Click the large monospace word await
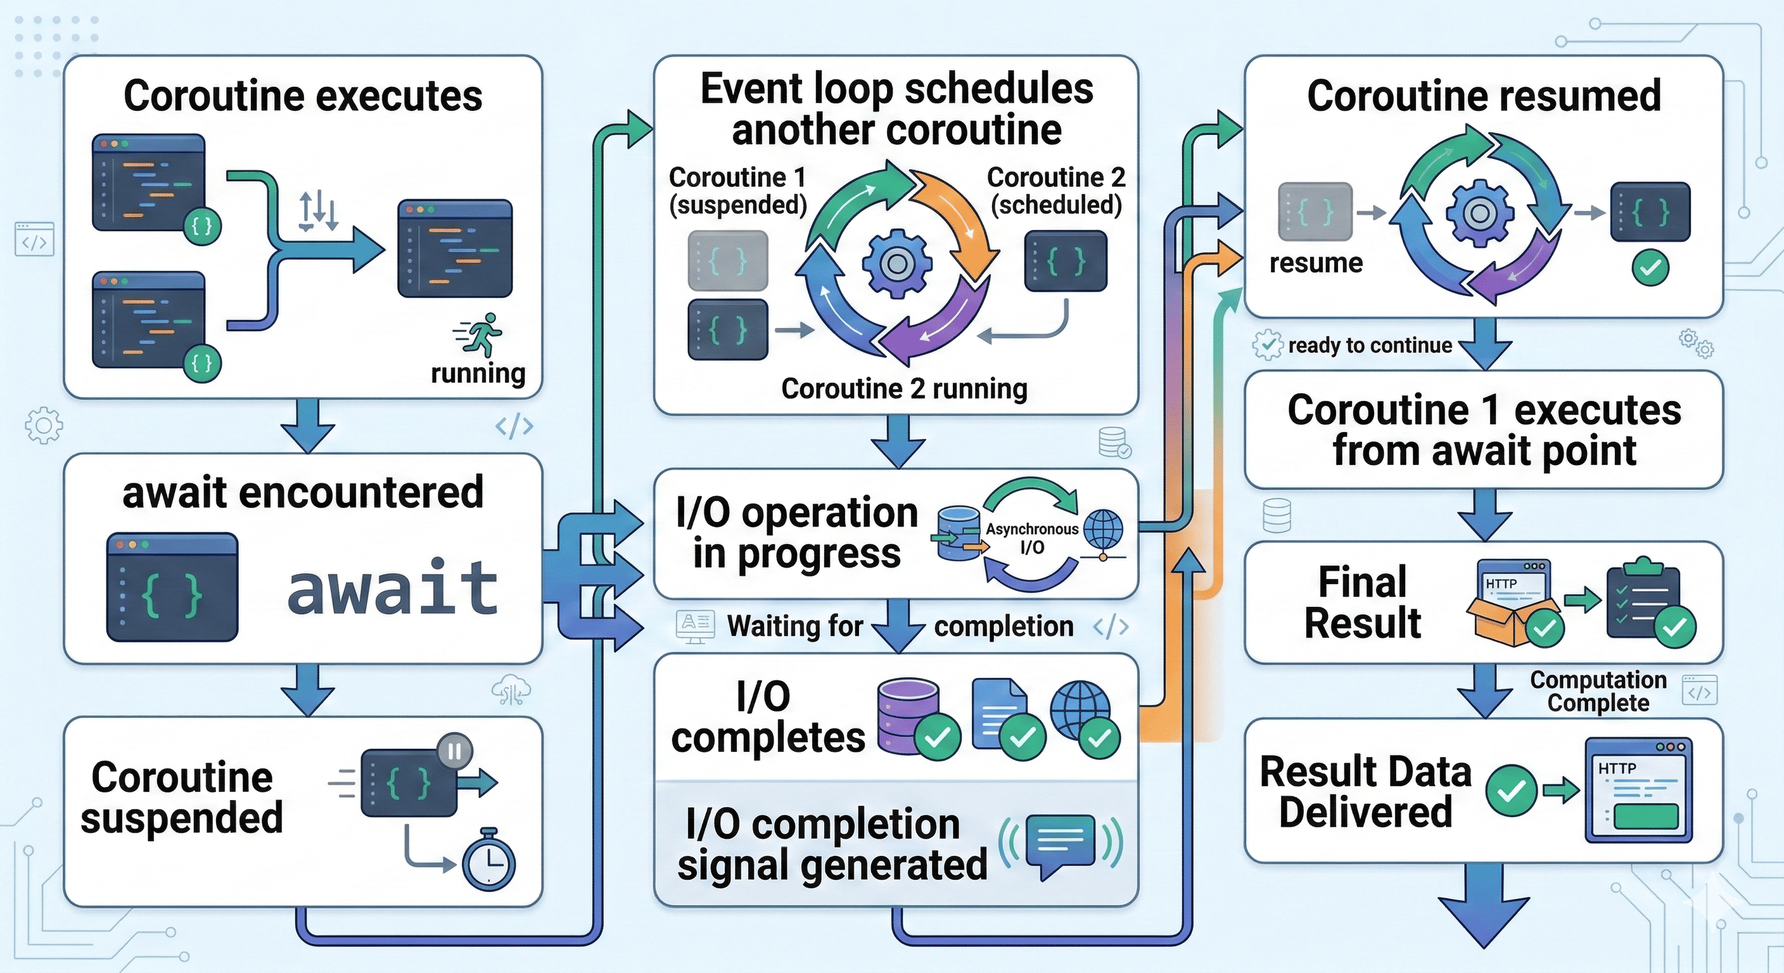point(392,587)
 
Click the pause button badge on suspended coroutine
point(454,751)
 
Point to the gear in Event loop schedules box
point(897,263)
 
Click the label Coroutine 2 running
point(904,388)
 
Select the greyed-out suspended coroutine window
point(727,260)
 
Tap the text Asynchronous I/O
point(1032,538)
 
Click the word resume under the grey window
point(1316,263)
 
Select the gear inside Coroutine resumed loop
point(1479,213)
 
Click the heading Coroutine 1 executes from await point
point(1484,429)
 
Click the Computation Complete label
point(1598,691)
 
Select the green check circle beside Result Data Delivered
point(1511,790)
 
